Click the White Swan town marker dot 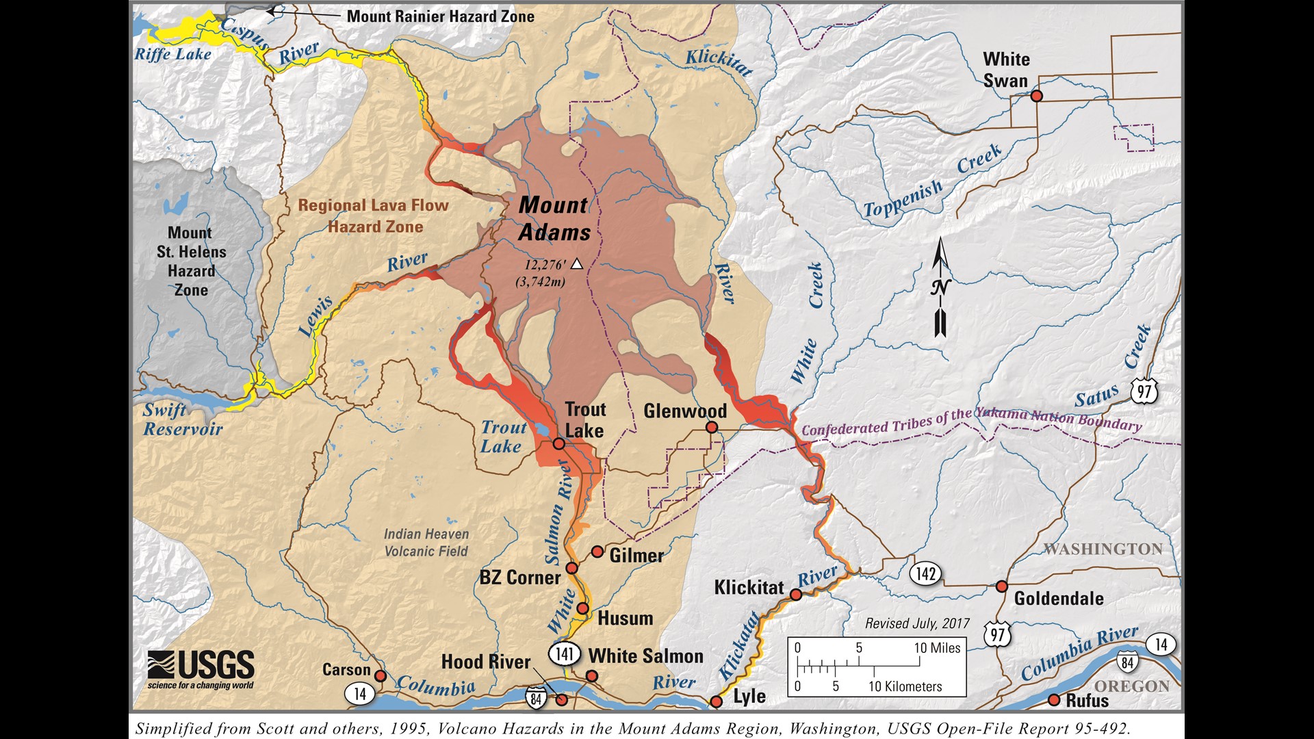pyautogui.click(x=1036, y=96)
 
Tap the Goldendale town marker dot pyautogui.click(x=1001, y=586)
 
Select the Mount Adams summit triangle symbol pyautogui.click(x=577, y=263)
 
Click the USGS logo pyautogui.click(x=201, y=669)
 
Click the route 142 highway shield pyautogui.click(x=925, y=573)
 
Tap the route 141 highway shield pyautogui.click(x=564, y=653)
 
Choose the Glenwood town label pyautogui.click(x=684, y=411)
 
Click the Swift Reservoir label pyautogui.click(x=183, y=419)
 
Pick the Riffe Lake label pyautogui.click(x=173, y=54)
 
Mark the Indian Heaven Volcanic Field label pyautogui.click(x=426, y=543)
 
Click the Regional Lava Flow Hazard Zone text pyautogui.click(x=374, y=216)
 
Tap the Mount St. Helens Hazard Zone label pyautogui.click(x=191, y=261)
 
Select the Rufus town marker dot pyautogui.click(x=1054, y=700)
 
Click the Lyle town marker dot pyautogui.click(x=716, y=701)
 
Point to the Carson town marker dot pyautogui.click(x=381, y=676)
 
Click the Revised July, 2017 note pyautogui.click(x=917, y=623)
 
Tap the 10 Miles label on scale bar pyautogui.click(x=937, y=648)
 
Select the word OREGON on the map pyautogui.click(x=1131, y=686)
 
